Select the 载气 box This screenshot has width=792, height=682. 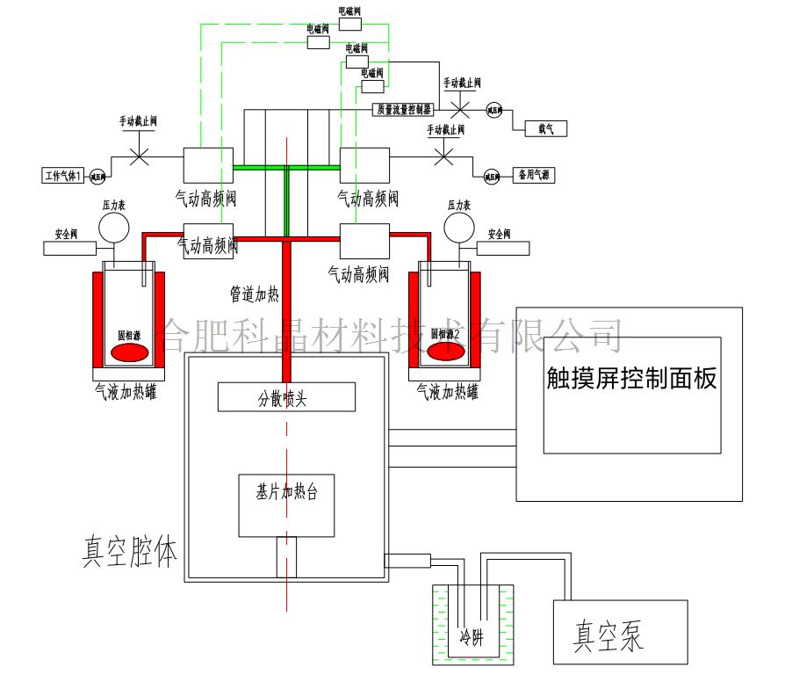point(545,128)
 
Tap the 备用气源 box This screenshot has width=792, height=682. point(534,174)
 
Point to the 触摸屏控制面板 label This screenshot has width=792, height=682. point(631,379)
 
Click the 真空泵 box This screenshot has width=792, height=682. point(620,632)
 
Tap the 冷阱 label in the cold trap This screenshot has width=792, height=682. point(472,636)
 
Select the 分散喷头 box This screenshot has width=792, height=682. point(286,397)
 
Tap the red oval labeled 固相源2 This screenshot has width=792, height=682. point(446,352)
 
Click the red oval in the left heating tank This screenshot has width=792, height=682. point(129,352)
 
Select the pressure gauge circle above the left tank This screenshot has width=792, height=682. point(113,228)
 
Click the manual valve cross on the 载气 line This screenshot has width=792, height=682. point(459,110)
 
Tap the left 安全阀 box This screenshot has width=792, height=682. point(72,248)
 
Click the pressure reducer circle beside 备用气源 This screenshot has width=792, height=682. point(492,176)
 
